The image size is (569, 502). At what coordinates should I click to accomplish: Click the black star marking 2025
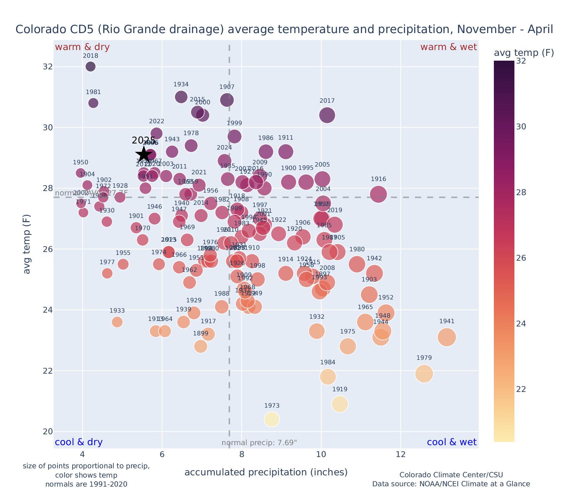click(144, 154)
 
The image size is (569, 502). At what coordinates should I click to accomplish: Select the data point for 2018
click(91, 67)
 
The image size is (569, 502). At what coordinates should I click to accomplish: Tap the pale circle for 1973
click(272, 419)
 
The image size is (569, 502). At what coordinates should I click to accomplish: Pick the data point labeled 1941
click(447, 337)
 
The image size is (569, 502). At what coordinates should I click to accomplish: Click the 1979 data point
click(424, 374)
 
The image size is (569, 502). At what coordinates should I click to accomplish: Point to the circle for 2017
click(327, 115)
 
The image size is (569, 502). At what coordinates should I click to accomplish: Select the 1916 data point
click(378, 194)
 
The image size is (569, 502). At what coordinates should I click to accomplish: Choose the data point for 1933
click(117, 322)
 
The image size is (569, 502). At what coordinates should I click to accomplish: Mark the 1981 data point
click(93, 103)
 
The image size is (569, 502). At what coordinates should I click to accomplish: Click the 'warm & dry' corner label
click(82, 47)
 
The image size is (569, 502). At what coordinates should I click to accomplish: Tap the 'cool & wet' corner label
click(451, 442)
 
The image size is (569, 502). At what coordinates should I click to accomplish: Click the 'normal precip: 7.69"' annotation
click(259, 443)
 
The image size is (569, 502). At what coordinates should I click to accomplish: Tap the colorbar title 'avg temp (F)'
click(523, 53)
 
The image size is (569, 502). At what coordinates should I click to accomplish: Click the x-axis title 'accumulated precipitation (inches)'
click(266, 472)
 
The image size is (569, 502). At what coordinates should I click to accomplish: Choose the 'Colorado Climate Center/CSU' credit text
click(451, 475)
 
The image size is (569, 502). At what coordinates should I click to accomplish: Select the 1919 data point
click(340, 404)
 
